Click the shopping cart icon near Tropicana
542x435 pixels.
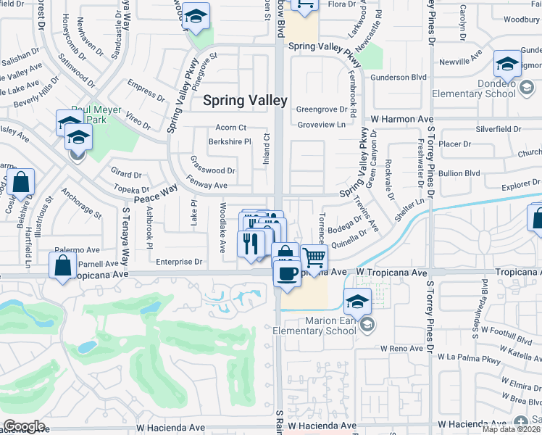coord(314,257)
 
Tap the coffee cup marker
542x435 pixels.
coord(288,273)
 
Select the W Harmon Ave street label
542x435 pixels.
coord(402,118)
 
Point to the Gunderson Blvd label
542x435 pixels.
coord(399,77)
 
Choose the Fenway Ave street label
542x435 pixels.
coord(207,186)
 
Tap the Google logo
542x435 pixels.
coord(24,426)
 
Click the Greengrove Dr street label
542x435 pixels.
coord(322,109)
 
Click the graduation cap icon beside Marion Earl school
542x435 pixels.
coord(357,301)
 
